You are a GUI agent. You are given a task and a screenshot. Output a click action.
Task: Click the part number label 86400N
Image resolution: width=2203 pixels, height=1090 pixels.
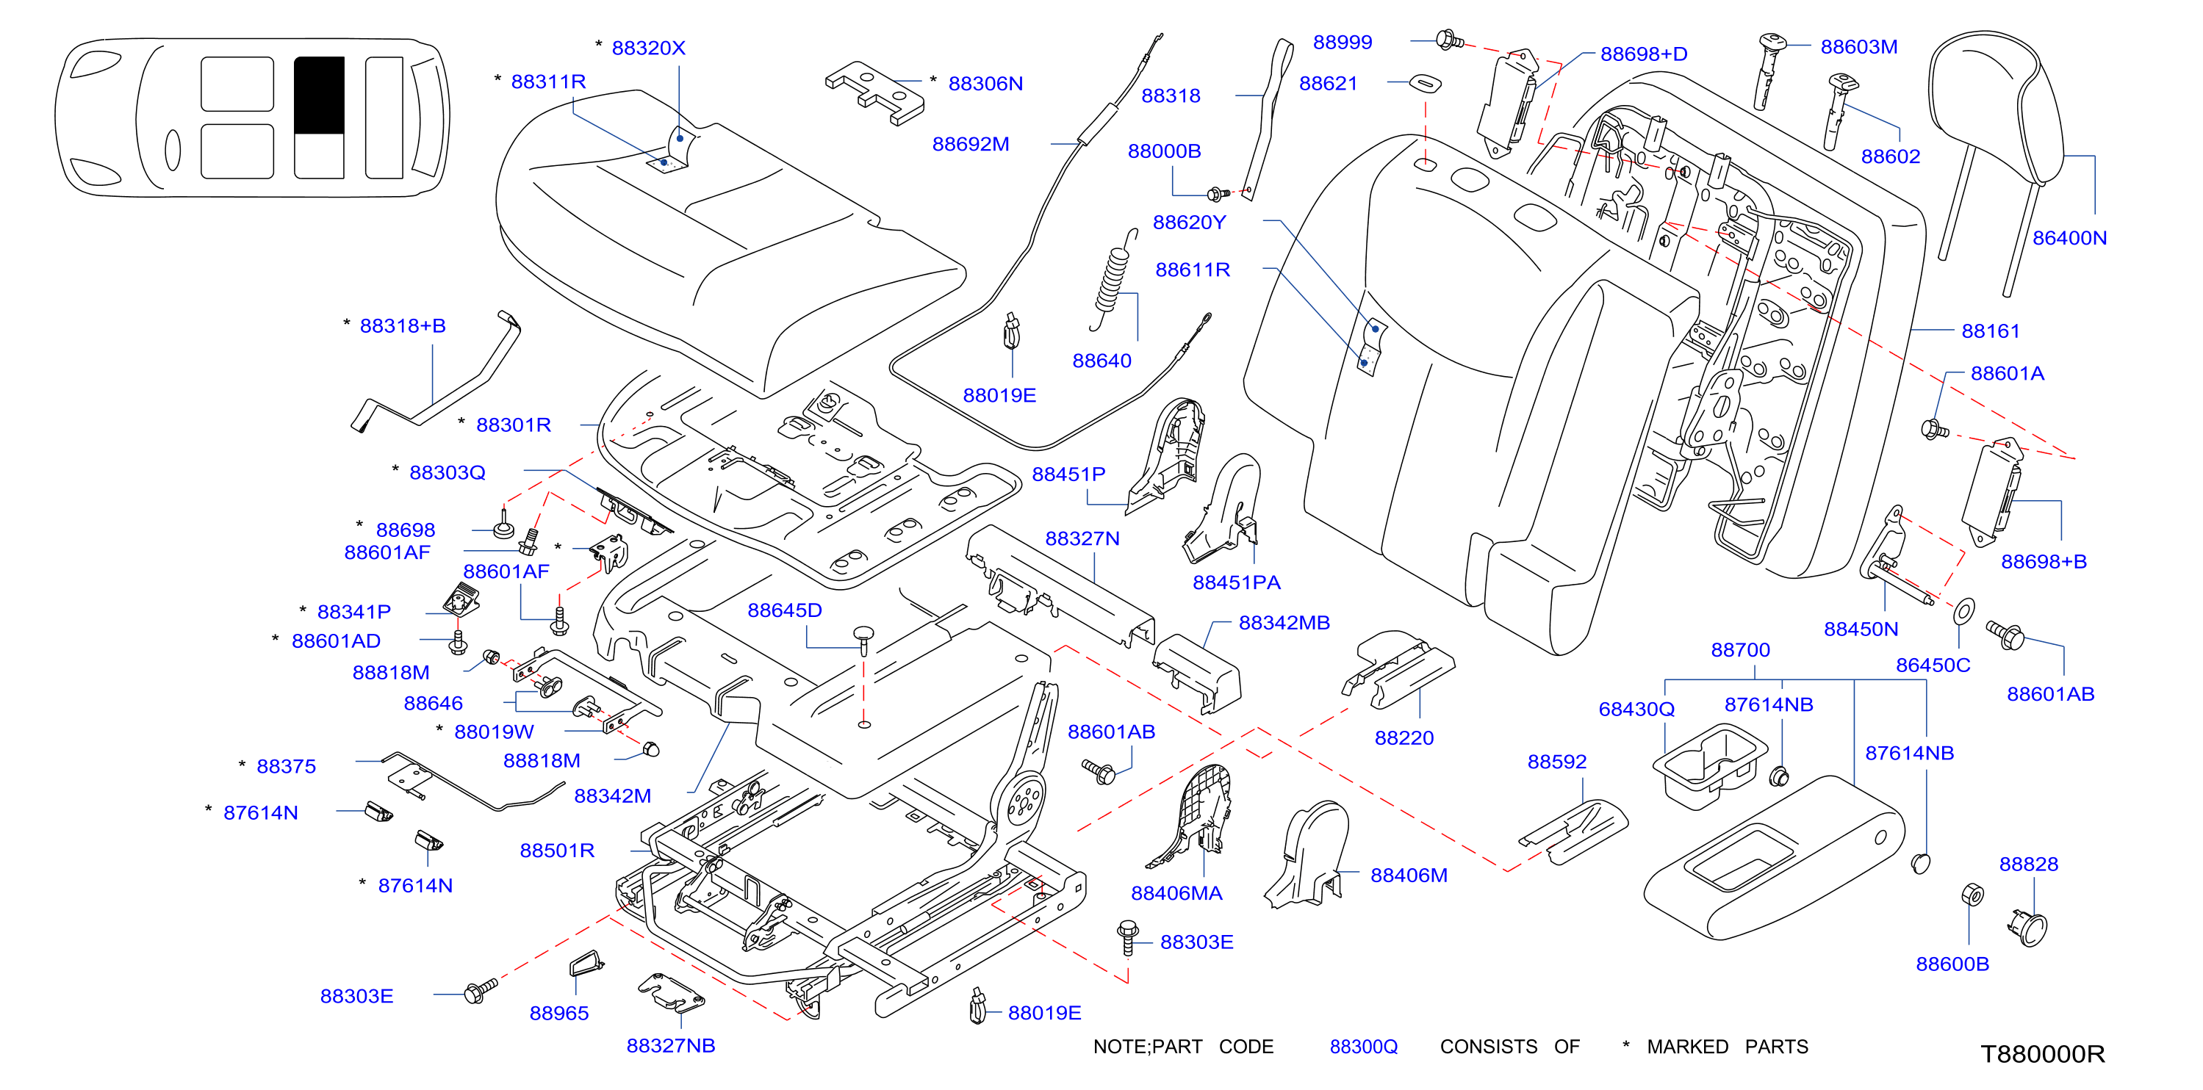coord(2069,238)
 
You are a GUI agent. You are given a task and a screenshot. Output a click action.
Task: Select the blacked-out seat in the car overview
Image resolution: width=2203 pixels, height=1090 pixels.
coord(319,95)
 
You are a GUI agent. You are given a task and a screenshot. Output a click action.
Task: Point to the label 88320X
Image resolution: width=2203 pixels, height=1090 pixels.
coord(648,48)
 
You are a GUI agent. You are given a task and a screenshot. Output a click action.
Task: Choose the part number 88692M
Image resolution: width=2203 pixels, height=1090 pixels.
coord(970,144)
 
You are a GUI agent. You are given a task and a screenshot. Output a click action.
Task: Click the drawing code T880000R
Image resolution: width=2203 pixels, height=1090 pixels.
coord(2042,1053)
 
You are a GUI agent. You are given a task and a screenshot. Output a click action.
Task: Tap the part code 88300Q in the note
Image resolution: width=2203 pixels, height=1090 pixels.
coord(1363,1047)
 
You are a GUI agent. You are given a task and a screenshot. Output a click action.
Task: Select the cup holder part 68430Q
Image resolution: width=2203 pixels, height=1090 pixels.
coord(1709,766)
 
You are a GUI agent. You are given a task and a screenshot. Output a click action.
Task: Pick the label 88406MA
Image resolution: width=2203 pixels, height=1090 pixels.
coord(1176,892)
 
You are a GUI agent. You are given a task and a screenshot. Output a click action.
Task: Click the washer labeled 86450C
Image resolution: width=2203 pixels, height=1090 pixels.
coord(1964,610)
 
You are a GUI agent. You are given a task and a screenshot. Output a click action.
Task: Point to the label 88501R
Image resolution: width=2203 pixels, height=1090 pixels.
coord(557,850)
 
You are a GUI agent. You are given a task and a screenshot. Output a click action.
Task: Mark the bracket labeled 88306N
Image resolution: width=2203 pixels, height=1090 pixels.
coord(874,93)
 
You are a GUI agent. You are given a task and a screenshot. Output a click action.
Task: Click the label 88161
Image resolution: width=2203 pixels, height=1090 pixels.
coord(1990,331)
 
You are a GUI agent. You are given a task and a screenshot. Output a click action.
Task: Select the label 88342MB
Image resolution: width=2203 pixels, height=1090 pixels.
coord(1284,622)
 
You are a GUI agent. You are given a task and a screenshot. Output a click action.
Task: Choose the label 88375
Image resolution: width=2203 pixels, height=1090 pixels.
coord(286,766)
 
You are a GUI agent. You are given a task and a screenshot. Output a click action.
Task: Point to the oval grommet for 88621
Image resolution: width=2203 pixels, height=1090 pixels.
coord(1425,83)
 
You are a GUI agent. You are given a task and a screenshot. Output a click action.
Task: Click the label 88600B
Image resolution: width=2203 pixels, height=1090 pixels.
coord(1952,964)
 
